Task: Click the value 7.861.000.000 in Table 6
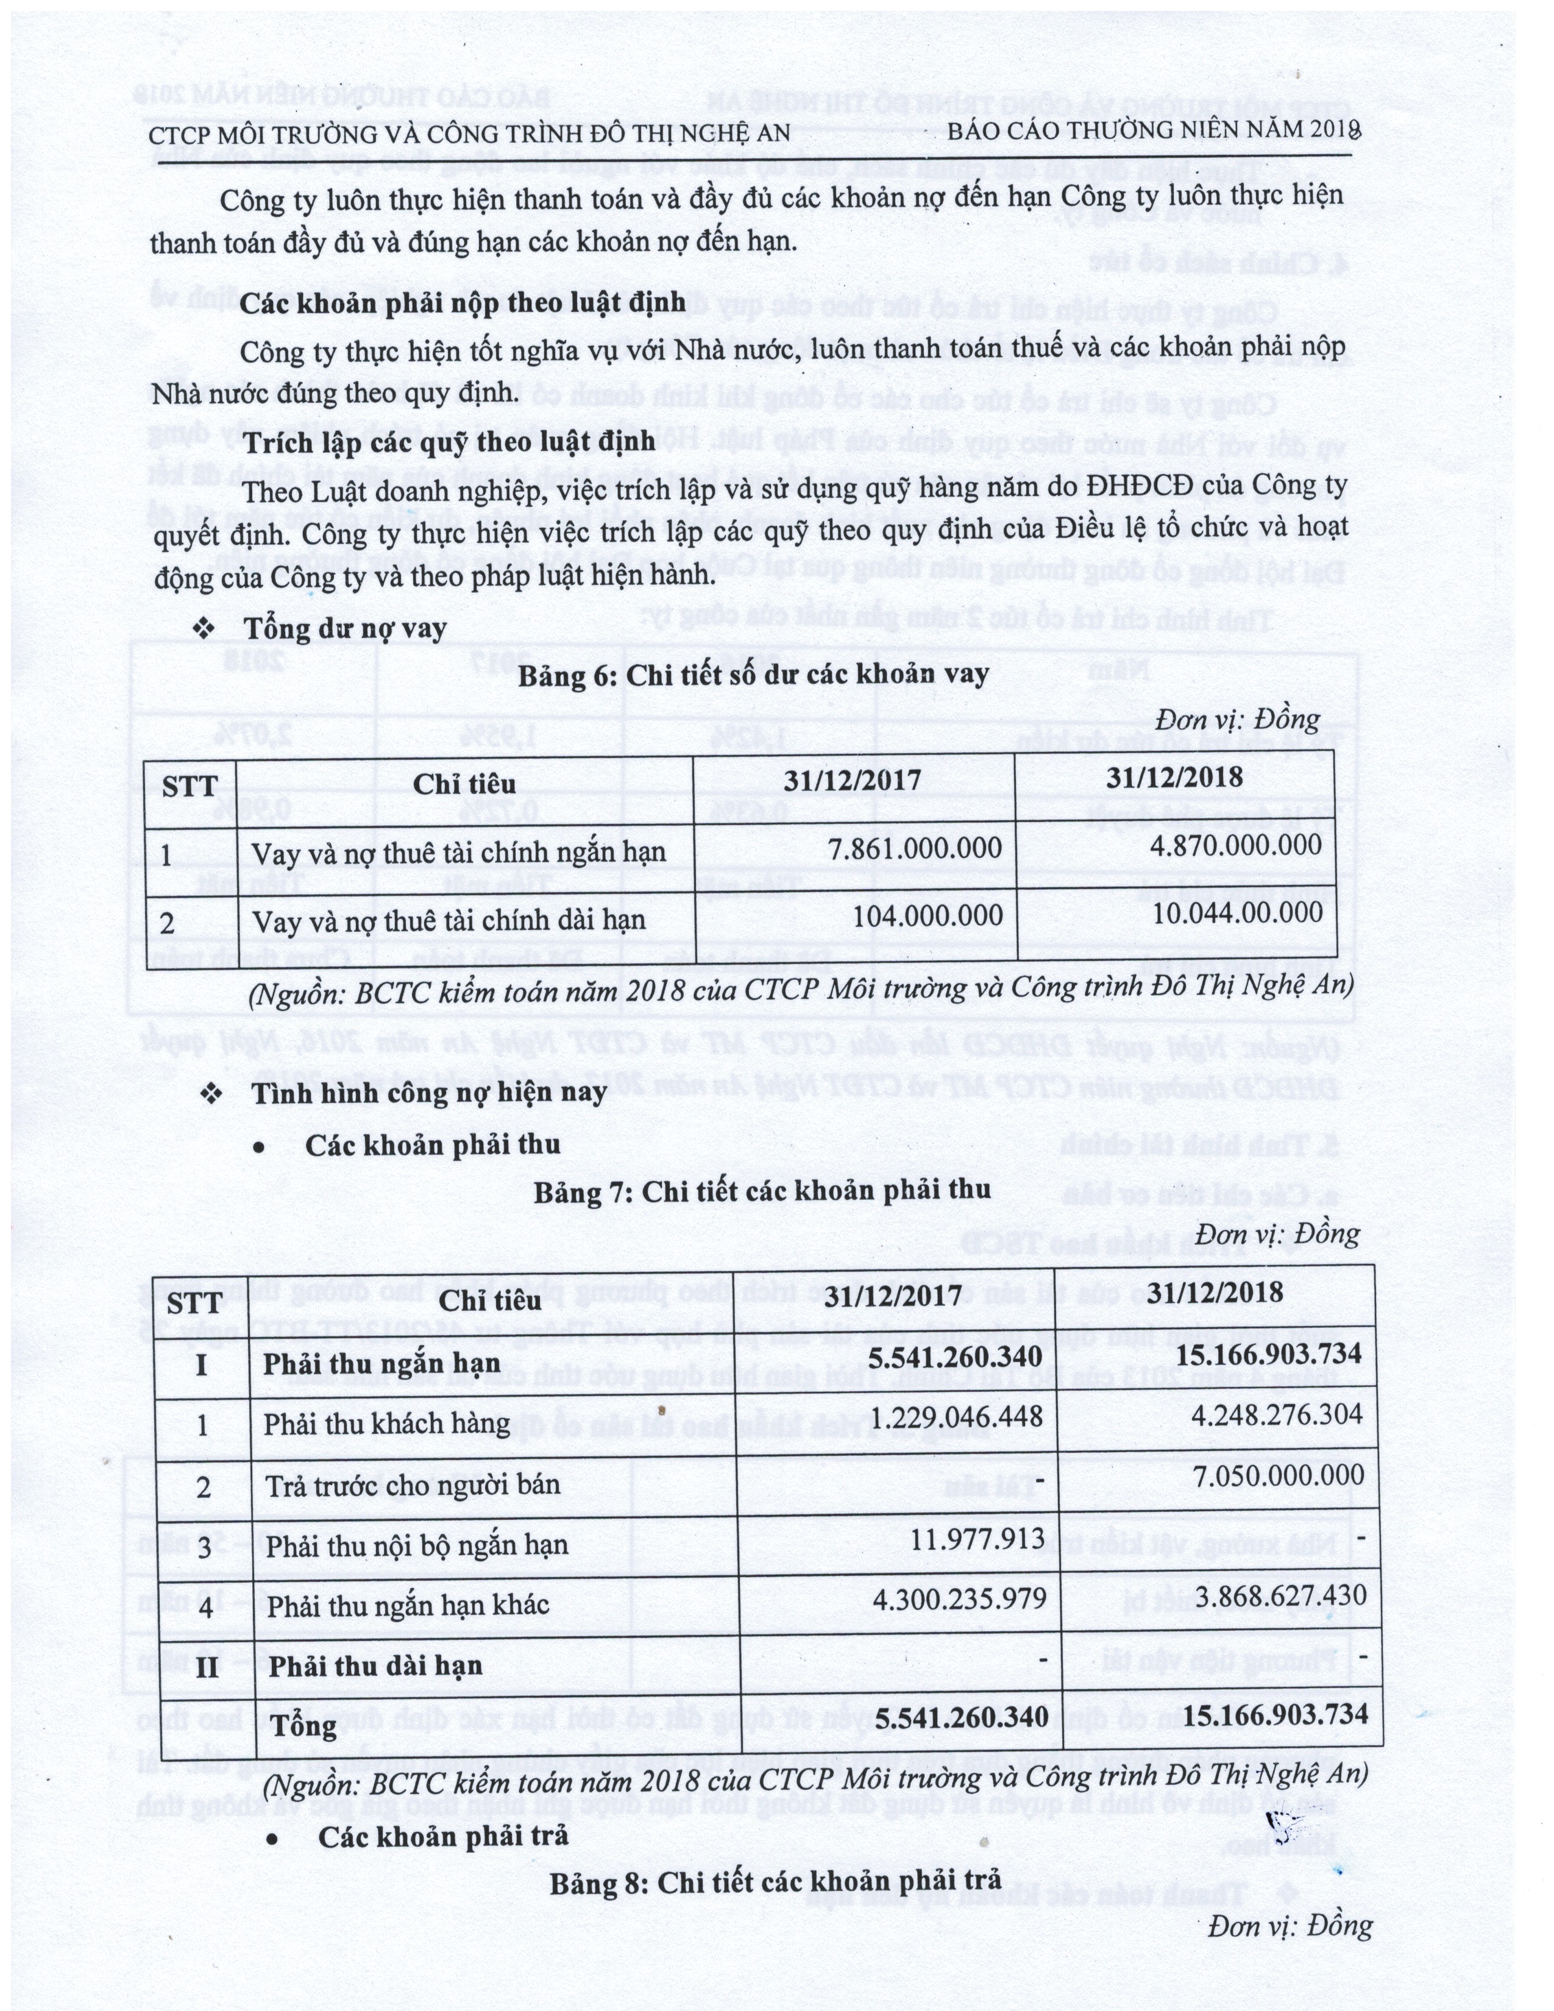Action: pyautogui.click(x=914, y=848)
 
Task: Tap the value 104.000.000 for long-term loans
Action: pyautogui.click(x=928, y=915)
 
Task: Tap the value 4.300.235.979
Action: pyautogui.click(x=959, y=1598)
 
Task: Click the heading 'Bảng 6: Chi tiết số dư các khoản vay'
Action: pyautogui.click(x=753, y=676)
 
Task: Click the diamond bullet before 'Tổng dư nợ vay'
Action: pyautogui.click(x=204, y=629)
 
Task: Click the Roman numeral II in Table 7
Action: pyautogui.click(x=207, y=1665)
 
